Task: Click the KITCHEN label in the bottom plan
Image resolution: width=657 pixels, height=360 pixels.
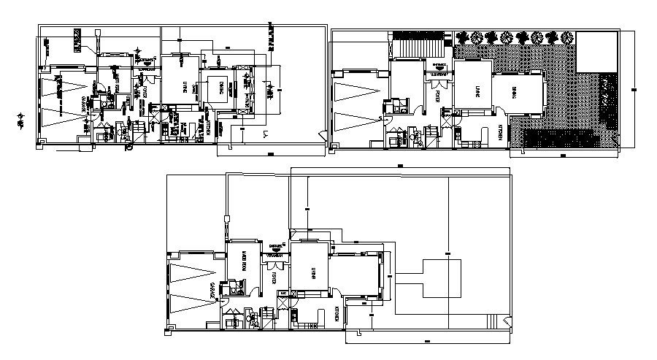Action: (x=336, y=313)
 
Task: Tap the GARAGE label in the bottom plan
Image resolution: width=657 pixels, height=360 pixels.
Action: (x=214, y=289)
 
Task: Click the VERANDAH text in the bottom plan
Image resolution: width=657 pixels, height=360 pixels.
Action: (x=275, y=256)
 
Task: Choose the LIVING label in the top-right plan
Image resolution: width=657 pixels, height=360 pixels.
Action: (x=477, y=91)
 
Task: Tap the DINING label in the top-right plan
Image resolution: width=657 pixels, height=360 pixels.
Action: (x=515, y=91)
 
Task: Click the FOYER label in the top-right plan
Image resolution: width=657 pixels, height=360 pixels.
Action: (x=437, y=95)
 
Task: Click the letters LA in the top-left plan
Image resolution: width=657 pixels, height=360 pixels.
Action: (x=267, y=134)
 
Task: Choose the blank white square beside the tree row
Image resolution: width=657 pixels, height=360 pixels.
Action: (x=596, y=51)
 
